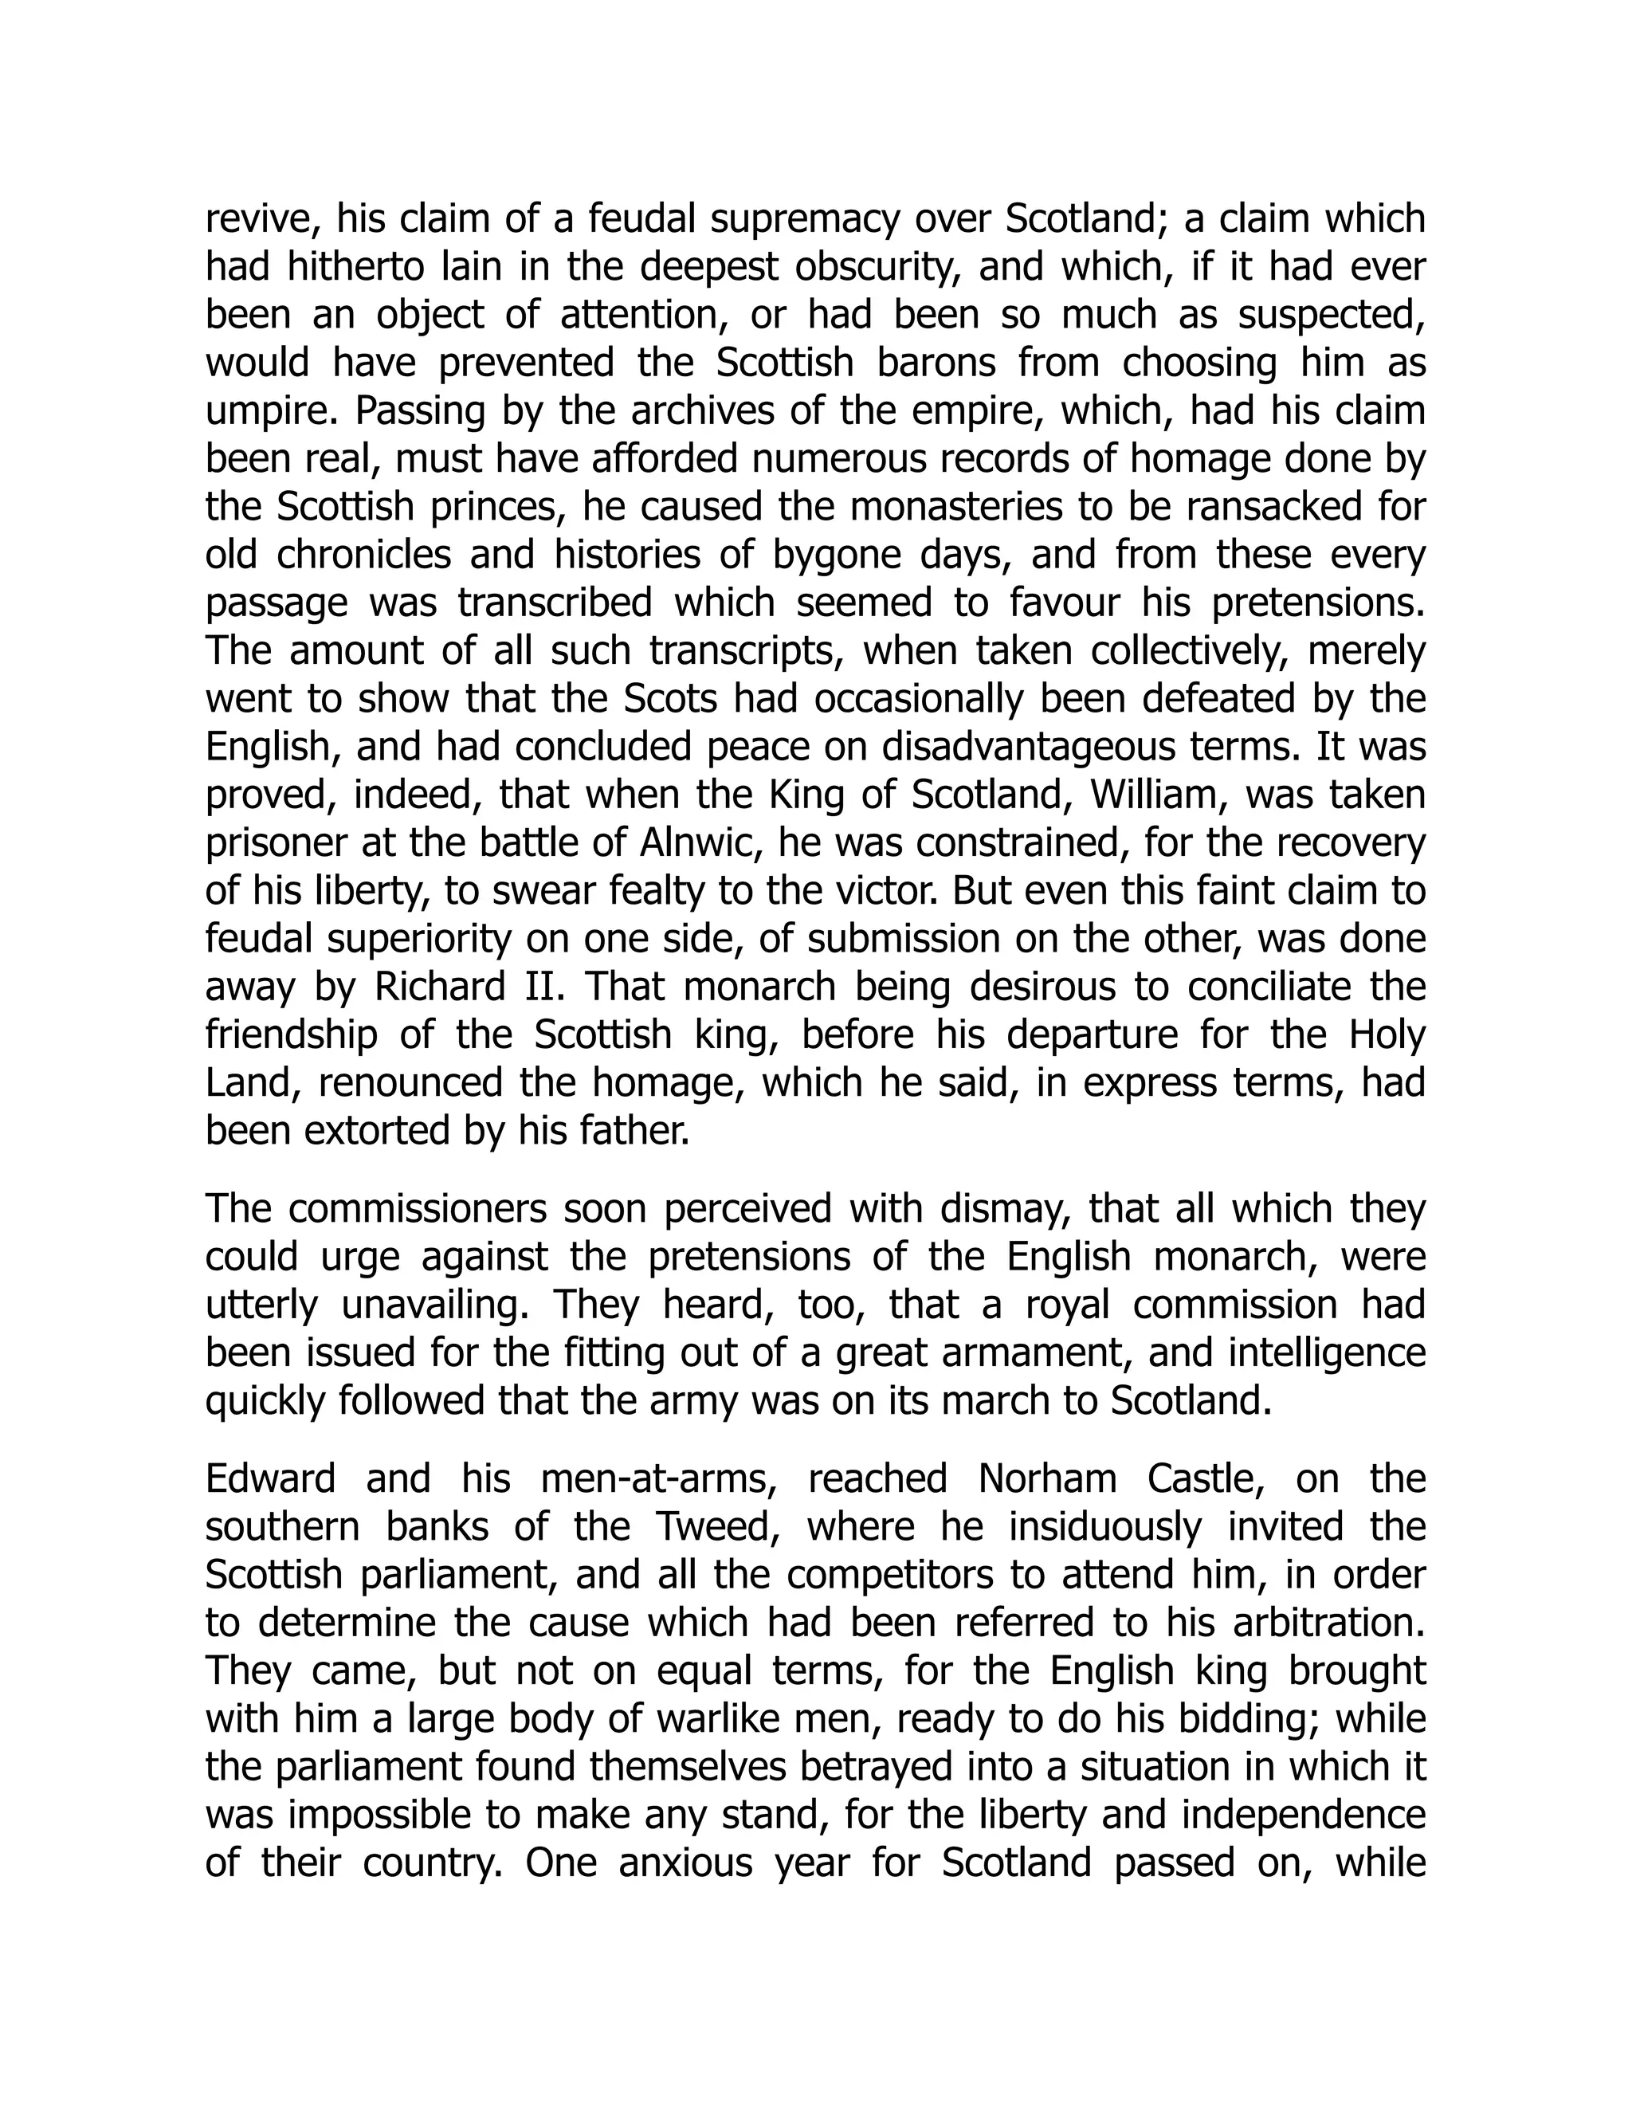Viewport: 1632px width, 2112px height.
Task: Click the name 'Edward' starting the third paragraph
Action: pos(271,1479)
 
